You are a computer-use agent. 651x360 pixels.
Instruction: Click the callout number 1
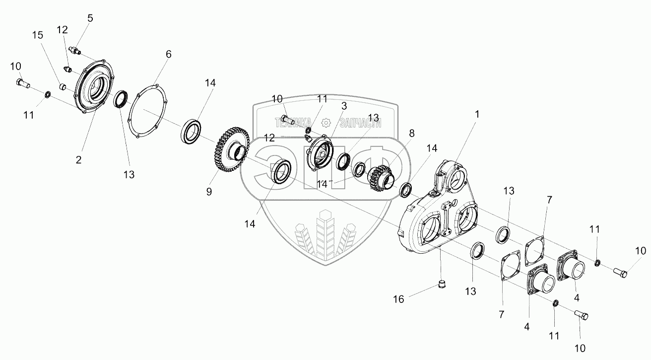click(x=477, y=114)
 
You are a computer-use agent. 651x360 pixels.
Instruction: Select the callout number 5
click(x=90, y=18)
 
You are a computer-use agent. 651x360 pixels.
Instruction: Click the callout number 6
click(x=169, y=54)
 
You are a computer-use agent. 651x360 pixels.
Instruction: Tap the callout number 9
click(x=209, y=191)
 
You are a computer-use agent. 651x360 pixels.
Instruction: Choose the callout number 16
click(x=399, y=299)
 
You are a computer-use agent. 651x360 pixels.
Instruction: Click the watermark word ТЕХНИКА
click(x=293, y=122)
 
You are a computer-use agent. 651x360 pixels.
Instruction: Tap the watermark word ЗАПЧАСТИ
click(x=356, y=122)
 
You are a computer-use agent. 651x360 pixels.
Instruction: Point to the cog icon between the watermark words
click(x=325, y=122)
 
